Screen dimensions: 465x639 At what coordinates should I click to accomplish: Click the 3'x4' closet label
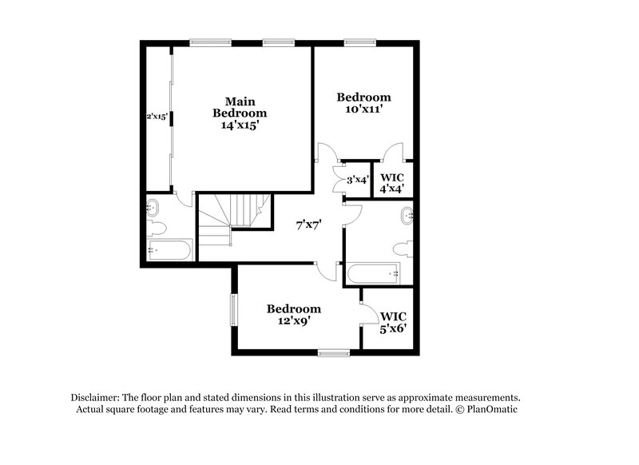357,180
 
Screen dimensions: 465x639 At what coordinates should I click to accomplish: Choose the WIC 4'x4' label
391,183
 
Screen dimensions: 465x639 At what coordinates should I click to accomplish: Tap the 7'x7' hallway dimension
308,225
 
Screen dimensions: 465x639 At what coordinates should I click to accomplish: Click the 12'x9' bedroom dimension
294,320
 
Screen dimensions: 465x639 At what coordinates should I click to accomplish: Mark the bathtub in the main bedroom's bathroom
169,250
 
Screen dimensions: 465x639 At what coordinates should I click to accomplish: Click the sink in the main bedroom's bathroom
153,209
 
